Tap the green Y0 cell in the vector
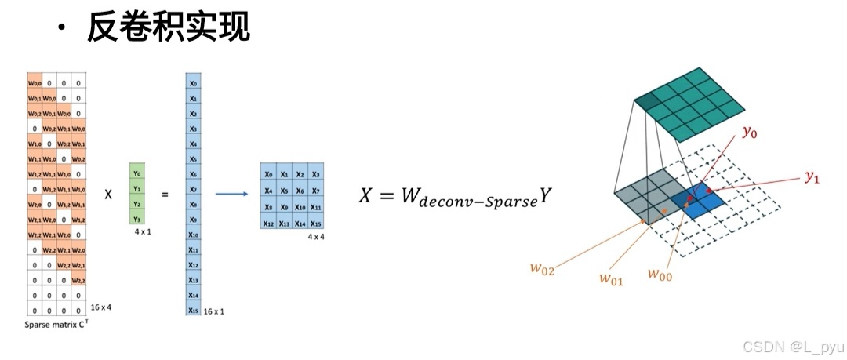[x=137, y=174]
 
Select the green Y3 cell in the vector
[x=137, y=219]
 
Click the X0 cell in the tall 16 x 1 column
[x=194, y=82]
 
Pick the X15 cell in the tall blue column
[x=194, y=310]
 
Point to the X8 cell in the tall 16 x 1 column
[x=194, y=204]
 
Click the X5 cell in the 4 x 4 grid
[x=285, y=190]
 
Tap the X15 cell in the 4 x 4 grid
[x=316, y=222]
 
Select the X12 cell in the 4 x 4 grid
[x=269, y=222]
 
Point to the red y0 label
[x=750, y=134]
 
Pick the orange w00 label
[x=661, y=274]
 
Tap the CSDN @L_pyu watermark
[x=792, y=345]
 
